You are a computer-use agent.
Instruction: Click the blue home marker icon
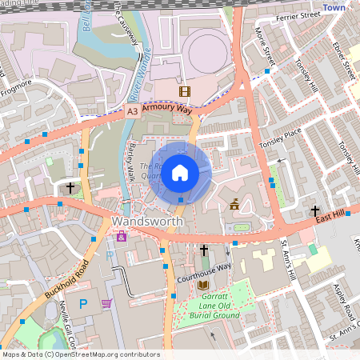click(180, 172)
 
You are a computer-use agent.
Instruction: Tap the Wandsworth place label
click(148, 221)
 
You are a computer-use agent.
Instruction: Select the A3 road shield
click(132, 114)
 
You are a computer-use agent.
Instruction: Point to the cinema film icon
click(185, 92)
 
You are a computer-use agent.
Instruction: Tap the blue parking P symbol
click(83, 304)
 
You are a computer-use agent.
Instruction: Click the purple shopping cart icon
click(106, 303)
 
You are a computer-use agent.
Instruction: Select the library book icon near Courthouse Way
click(203, 285)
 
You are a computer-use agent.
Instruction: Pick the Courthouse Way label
click(203, 268)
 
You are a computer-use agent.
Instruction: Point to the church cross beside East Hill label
click(314, 210)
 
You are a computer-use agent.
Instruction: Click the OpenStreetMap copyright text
click(80, 354)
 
